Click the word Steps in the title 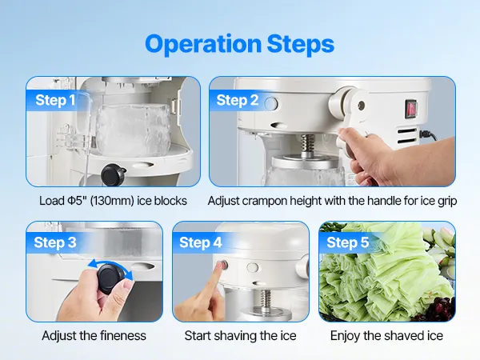[x=301, y=44]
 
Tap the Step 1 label [x=55, y=100]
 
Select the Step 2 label [x=238, y=100]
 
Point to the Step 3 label [x=54, y=242]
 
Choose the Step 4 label [x=201, y=242]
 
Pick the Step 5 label [x=347, y=242]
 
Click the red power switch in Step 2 [x=411, y=109]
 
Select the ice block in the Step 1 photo [x=134, y=130]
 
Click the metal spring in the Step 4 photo [x=265, y=298]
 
